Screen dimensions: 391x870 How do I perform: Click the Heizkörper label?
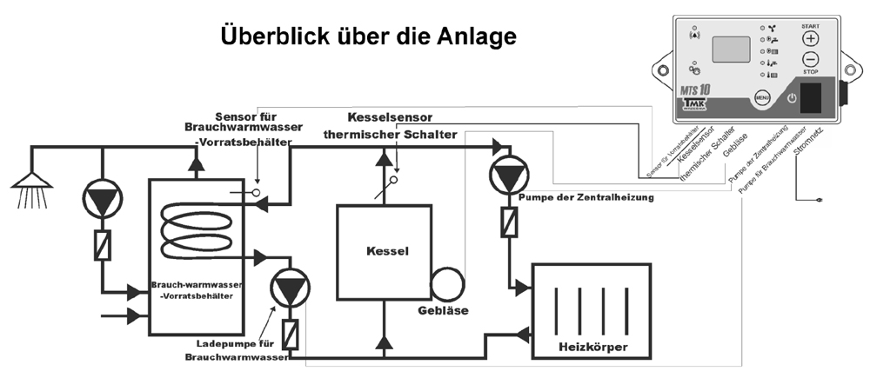point(592,348)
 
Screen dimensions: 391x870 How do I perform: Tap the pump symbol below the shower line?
point(103,201)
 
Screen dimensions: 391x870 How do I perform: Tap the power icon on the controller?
point(792,98)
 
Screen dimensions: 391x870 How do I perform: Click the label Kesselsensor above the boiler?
point(390,116)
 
